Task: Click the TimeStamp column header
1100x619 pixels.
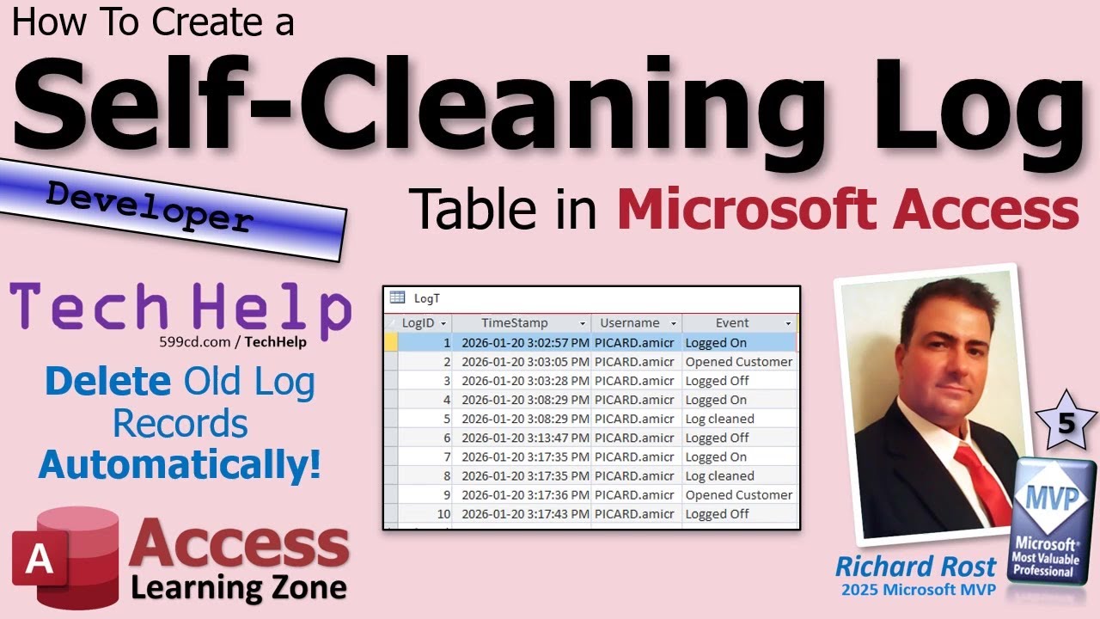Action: tap(514, 323)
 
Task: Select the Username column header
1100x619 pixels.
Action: tap(629, 323)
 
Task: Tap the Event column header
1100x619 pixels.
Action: tap(732, 323)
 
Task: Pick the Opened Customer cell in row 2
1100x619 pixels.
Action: tap(738, 362)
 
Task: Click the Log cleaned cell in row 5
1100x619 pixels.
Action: tap(719, 419)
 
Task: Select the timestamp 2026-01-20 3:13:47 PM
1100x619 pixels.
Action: tap(525, 438)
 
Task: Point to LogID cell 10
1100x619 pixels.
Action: tap(443, 514)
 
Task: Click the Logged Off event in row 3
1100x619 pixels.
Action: tap(717, 381)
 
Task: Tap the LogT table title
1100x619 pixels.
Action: tap(426, 297)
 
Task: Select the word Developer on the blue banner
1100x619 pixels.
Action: tap(150, 206)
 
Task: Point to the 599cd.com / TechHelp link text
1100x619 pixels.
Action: tap(232, 341)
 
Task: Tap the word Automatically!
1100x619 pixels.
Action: tap(180, 464)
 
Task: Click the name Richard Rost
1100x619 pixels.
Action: tap(915, 567)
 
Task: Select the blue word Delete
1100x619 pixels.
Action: tap(108, 383)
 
